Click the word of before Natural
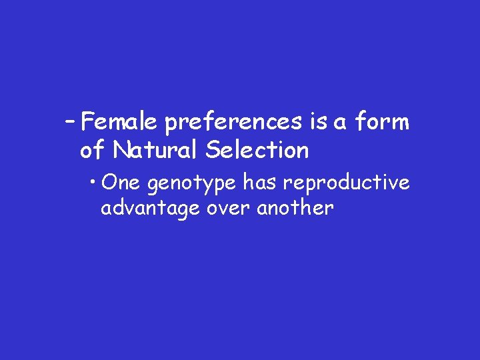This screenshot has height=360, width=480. [93, 151]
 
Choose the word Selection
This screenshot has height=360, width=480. [257, 151]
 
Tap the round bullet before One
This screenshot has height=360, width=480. [96, 182]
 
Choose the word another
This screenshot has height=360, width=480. [295, 208]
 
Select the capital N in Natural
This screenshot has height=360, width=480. [121, 151]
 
